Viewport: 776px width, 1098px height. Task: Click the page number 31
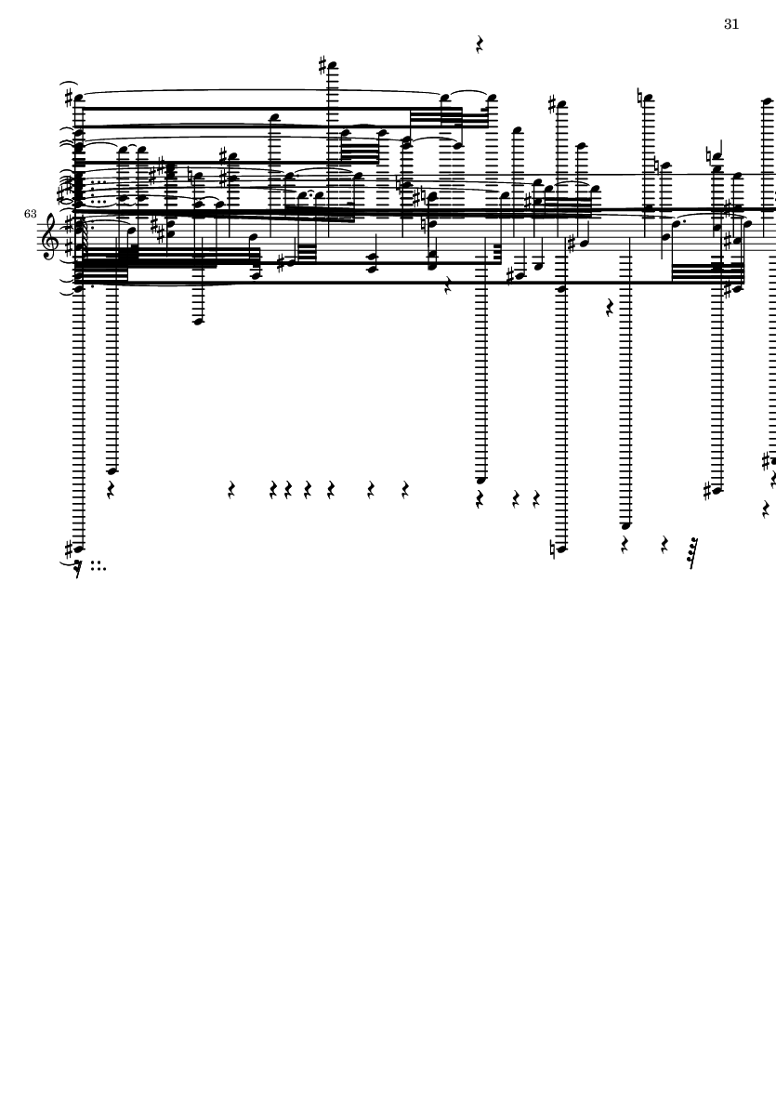pos(731,24)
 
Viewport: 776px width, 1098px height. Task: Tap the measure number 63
pos(30,214)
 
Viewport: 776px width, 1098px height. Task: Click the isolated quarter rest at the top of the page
pos(480,45)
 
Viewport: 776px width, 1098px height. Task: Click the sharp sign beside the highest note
pos(322,66)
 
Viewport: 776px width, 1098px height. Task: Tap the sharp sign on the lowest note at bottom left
pos(68,549)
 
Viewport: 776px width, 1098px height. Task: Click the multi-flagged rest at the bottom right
pos(693,552)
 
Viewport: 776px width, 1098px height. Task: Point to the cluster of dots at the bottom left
pos(99,566)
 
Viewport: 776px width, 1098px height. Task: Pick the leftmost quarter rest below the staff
pos(111,489)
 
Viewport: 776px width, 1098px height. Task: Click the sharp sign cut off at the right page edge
pos(767,461)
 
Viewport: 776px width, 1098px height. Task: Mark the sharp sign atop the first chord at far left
pos(69,98)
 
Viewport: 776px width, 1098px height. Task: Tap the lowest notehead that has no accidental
pos(626,525)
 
